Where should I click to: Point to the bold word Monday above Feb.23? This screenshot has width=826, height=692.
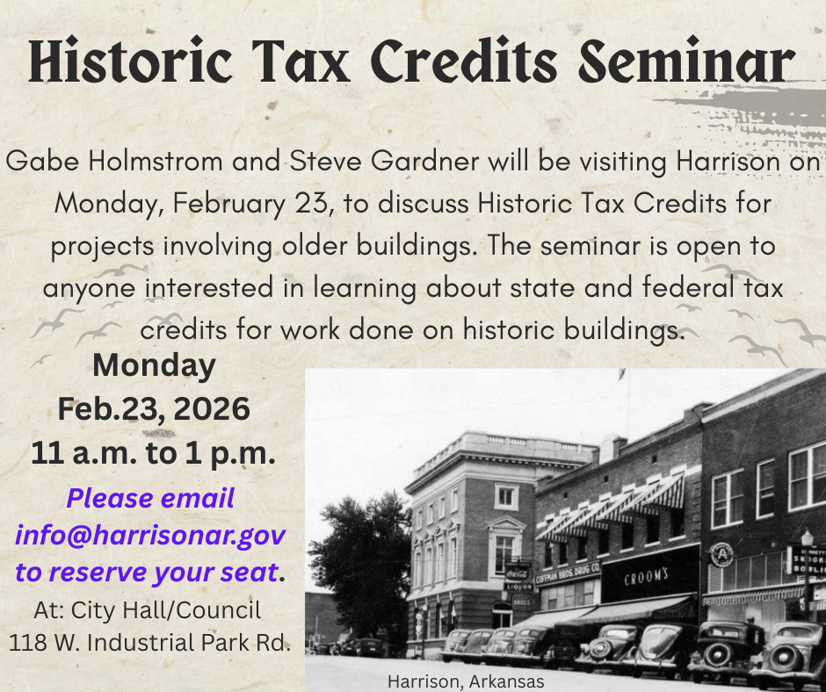point(154,365)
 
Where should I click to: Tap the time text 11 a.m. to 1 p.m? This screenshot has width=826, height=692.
point(154,453)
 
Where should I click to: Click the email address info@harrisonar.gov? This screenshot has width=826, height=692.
point(150,535)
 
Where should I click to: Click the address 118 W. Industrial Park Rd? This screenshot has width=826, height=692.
point(149,643)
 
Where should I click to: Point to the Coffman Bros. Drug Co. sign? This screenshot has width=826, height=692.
point(567,573)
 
